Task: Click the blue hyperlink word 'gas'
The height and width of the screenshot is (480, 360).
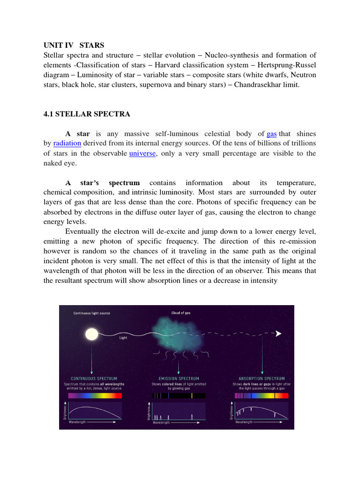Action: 271,134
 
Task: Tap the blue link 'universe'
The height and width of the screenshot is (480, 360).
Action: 142,153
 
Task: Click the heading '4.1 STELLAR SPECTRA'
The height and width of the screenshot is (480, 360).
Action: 87,114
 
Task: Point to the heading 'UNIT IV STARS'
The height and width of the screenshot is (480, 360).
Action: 74,45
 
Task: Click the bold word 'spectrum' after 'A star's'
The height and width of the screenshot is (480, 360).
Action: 124,183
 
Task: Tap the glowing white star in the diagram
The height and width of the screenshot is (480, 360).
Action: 92,334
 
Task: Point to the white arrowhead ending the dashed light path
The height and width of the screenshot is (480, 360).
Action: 278,333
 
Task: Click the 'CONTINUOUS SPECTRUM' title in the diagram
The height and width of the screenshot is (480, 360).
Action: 94,378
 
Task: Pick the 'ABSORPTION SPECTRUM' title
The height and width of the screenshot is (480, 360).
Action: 262,378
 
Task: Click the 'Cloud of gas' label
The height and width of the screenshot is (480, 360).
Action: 181,313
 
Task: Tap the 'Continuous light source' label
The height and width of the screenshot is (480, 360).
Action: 91,313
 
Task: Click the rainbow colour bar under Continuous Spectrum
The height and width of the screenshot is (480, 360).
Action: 95,396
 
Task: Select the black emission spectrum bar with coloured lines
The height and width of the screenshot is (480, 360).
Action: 179,396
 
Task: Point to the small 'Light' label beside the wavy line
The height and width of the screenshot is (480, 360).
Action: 123,337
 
